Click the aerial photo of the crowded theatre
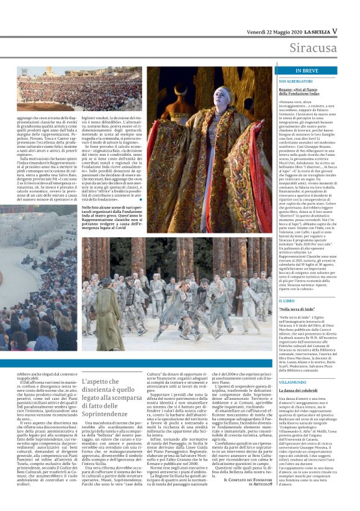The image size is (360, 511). coord(46,93)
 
